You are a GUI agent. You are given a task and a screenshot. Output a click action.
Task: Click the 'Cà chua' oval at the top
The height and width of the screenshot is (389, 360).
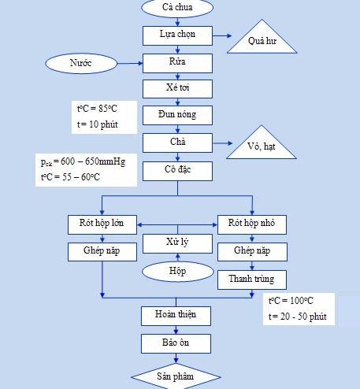(177, 7)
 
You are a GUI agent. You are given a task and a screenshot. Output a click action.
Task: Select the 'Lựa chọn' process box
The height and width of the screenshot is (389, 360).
(177, 35)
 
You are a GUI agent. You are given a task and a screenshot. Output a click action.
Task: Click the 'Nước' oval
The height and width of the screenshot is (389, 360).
(81, 63)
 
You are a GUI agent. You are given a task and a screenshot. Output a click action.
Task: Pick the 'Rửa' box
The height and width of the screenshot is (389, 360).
(177, 63)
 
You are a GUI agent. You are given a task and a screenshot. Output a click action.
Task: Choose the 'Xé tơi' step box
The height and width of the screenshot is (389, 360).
(177, 89)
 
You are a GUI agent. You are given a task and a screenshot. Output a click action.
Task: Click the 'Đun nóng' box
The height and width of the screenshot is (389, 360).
(177, 115)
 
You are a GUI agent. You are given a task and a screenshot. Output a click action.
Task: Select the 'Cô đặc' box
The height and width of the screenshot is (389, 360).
(177, 171)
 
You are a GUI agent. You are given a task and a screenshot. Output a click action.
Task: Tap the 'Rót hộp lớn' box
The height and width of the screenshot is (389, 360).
(102, 224)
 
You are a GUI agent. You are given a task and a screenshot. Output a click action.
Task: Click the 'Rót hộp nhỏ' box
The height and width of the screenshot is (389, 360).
(252, 224)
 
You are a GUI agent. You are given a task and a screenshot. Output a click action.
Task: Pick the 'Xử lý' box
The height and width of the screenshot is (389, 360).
(177, 243)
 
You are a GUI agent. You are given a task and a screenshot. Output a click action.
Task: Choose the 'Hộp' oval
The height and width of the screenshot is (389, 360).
(178, 272)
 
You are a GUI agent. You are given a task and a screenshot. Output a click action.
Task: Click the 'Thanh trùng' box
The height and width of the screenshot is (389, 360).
(252, 280)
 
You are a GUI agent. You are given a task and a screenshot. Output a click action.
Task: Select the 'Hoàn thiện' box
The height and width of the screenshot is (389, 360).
(176, 316)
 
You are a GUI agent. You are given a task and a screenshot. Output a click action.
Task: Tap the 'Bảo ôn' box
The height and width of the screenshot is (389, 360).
(176, 343)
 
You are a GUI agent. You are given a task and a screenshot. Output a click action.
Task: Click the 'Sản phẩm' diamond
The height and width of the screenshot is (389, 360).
(176, 376)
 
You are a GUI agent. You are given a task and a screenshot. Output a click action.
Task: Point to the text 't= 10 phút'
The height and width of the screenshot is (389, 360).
(98, 124)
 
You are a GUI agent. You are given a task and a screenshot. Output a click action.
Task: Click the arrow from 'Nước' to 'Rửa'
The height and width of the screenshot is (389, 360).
(130, 63)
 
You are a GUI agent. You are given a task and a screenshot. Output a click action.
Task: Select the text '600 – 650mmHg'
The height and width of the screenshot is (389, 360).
(93, 161)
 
